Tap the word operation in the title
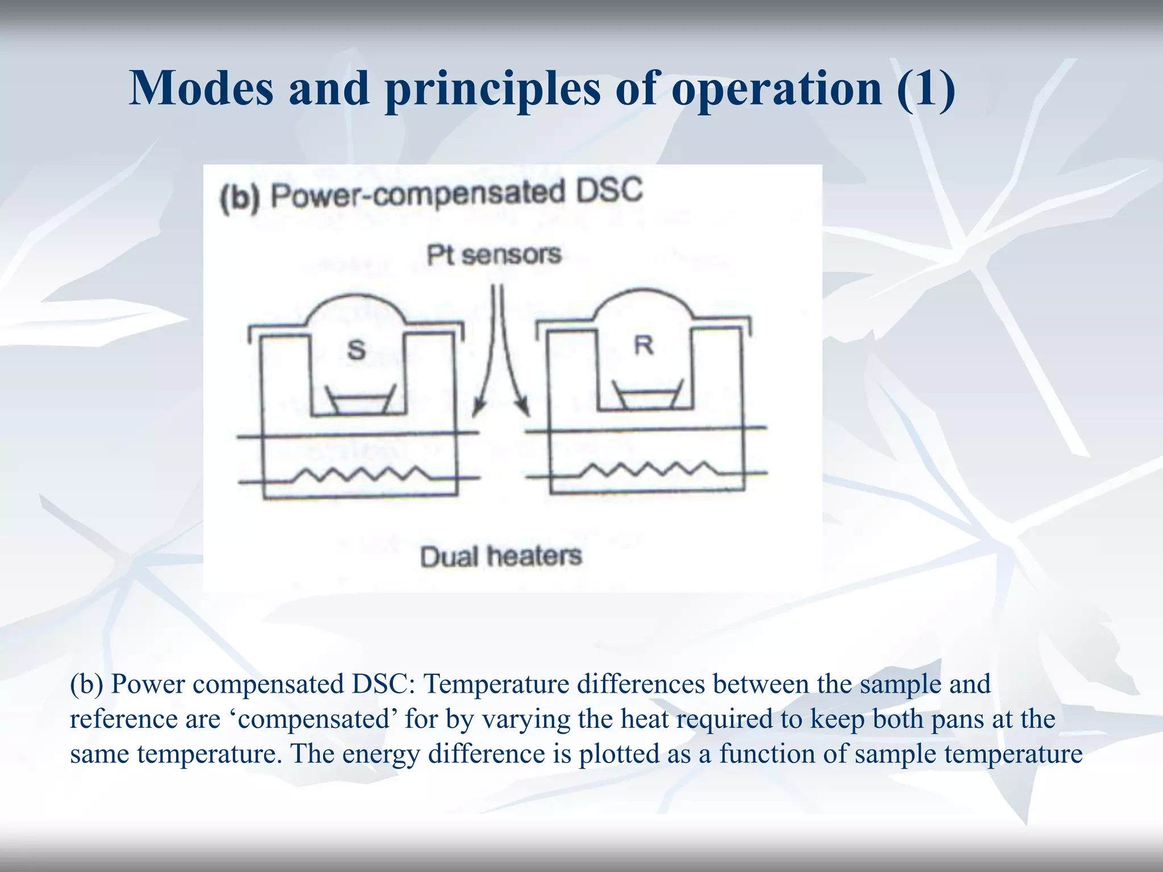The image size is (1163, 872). tap(776, 90)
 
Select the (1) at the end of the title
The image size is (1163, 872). tap(926, 90)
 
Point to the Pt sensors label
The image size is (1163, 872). tap(493, 255)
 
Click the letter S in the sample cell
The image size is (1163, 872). tap(356, 349)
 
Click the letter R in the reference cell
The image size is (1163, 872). tap(643, 345)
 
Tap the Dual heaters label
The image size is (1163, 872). tap(501, 556)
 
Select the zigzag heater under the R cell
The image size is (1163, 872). tap(649, 469)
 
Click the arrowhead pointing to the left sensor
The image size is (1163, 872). tap(479, 409)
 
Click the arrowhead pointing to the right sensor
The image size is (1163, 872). tap(524, 407)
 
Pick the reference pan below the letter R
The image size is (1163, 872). tap(648, 395)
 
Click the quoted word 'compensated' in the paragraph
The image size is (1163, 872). tap(314, 719)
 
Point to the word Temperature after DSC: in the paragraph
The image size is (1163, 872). tap(496, 684)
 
